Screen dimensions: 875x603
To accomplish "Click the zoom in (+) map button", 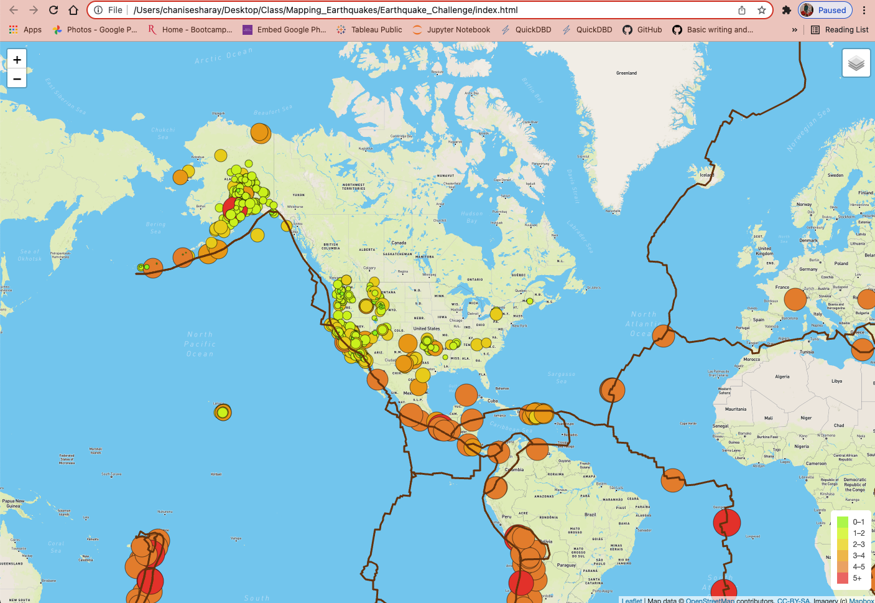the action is pos(17,60).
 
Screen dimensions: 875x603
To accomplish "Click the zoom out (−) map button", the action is pos(17,79).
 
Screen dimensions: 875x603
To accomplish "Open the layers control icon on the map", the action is pos(856,63).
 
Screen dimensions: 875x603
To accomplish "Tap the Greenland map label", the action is pos(626,73).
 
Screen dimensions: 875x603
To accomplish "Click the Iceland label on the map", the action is pos(707,175).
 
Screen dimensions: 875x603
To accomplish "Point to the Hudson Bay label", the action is pos(472,217).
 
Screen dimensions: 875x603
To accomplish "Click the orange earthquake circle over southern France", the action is pos(795,299).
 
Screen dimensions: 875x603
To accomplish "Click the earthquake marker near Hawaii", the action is pos(223,412).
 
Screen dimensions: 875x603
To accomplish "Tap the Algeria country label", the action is pos(782,376).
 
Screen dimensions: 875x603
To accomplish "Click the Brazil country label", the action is pos(590,515).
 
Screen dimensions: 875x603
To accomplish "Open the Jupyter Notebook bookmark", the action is pos(451,29).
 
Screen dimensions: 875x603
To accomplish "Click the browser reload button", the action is pos(53,10).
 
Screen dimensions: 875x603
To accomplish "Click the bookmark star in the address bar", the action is pos(761,10).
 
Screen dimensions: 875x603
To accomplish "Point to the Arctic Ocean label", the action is pos(224,55).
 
